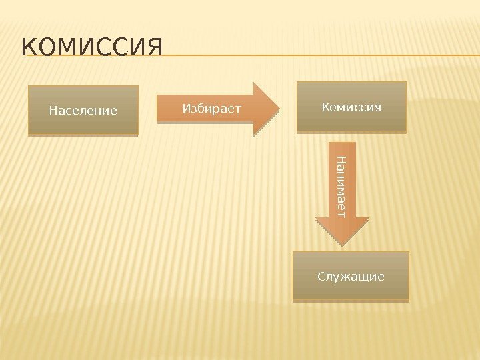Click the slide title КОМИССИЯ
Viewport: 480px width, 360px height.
point(92,49)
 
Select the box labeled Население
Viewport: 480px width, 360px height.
point(83,110)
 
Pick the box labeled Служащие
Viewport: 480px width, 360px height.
point(351,276)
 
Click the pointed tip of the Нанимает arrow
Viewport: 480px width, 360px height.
point(342,246)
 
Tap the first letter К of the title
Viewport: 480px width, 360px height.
point(29,49)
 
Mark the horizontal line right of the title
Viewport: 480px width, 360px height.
point(320,55)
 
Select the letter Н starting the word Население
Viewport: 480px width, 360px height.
point(53,110)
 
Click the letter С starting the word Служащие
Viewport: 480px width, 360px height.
point(321,276)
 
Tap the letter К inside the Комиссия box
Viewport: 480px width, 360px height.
point(326,107)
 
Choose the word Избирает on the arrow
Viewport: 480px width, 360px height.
point(211,107)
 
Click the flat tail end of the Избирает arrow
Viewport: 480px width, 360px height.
point(159,109)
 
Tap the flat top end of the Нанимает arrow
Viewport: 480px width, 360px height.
point(342,144)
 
